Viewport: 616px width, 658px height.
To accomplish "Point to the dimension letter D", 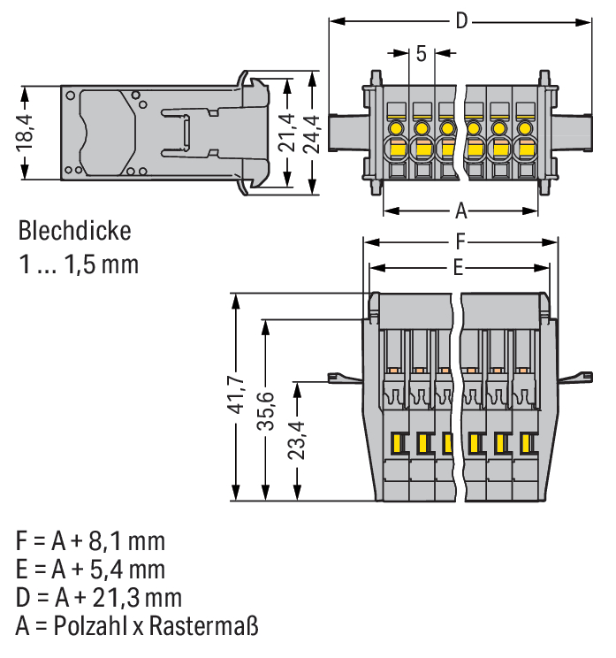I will [x=460, y=20].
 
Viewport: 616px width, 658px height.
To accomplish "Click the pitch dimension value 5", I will [x=421, y=53].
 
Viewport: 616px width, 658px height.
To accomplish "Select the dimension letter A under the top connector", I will [x=460, y=211].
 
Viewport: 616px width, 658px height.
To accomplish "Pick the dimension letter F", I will [x=460, y=241].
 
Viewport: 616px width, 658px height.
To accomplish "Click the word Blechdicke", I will [x=74, y=232].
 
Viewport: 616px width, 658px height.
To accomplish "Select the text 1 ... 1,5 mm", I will [x=78, y=264].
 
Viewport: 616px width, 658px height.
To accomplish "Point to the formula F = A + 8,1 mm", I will [x=90, y=539].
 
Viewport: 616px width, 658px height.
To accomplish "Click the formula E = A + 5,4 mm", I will [x=89, y=568].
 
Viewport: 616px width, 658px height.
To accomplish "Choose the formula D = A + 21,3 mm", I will [x=98, y=596].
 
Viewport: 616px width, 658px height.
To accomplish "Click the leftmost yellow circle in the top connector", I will [x=396, y=127].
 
